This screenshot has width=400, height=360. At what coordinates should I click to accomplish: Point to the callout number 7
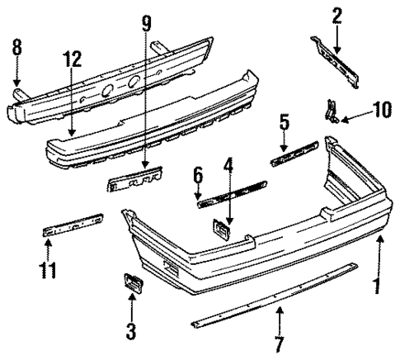click(x=280, y=343)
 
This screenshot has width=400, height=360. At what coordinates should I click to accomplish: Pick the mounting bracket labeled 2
click(x=337, y=59)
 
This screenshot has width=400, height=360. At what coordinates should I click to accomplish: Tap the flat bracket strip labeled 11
click(x=73, y=225)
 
